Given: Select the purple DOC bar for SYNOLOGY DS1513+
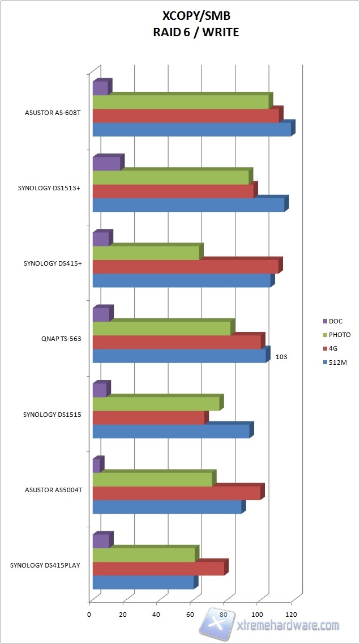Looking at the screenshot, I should (106, 164).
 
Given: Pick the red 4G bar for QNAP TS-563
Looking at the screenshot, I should (177, 342).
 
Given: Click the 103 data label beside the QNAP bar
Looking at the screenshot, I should (282, 357).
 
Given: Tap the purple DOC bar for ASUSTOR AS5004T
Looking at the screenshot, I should (96, 466).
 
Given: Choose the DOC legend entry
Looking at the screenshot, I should (336, 321).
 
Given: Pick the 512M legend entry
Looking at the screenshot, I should (338, 362).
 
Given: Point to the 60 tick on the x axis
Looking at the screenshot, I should (190, 615).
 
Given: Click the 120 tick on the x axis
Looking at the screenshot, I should (292, 615).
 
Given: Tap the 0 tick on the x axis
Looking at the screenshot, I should (89, 615).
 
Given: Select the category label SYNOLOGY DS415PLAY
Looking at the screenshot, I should (46, 565).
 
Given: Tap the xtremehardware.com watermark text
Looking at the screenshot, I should (289, 626).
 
